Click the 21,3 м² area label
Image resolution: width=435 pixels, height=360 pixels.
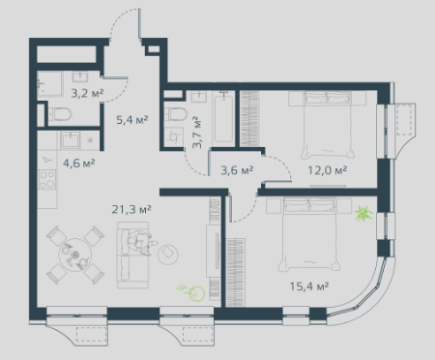[x=131, y=210]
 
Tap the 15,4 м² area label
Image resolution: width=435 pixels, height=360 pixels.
[x=309, y=286]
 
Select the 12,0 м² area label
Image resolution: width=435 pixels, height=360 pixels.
[x=327, y=170]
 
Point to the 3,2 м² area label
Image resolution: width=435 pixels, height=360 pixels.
[x=87, y=94]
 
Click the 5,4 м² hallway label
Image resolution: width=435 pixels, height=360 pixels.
[x=132, y=120]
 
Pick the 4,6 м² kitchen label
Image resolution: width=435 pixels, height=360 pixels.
[x=79, y=164]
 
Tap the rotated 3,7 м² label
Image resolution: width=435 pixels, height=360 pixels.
[x=197, y=133]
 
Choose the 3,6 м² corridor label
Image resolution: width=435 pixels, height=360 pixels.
[x=237, y=170]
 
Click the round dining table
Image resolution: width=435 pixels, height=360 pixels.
[x=74, y=255]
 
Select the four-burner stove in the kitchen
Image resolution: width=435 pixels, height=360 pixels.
[x=47, y=180]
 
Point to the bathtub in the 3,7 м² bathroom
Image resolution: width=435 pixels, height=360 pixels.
[x=223, y=117]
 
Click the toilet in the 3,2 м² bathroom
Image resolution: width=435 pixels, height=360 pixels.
[x=60, y=114]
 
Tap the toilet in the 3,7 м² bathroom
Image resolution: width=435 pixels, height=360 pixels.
[x=176, y=114]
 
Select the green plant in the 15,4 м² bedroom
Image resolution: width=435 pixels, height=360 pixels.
[x=363, y=213]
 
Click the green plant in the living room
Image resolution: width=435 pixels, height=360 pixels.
[x=192, y=292]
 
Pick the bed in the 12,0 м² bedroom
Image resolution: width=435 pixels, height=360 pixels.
[x=327, y=125]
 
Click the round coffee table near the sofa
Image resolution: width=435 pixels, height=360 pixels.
[x=168, y=253]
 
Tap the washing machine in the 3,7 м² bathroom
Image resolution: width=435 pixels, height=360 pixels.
[x=173, y=137]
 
